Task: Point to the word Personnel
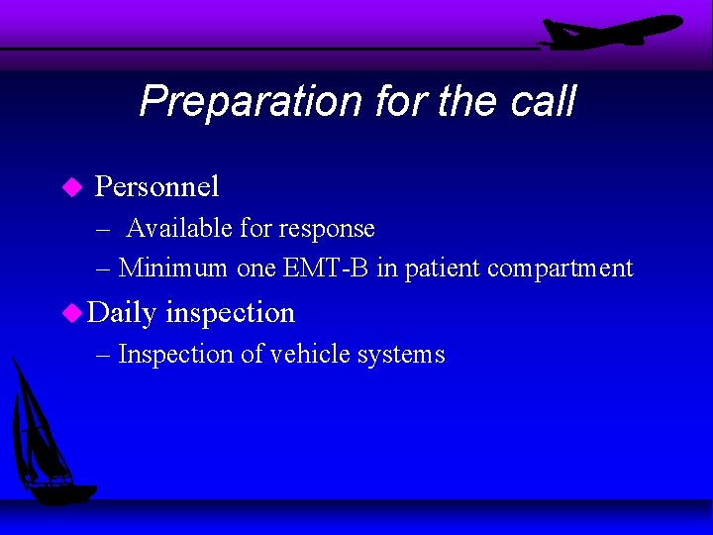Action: [156, 186]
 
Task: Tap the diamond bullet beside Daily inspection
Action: [70, 313]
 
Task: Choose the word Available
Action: [180, 229]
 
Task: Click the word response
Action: [327, 229]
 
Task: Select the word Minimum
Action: [174, 268]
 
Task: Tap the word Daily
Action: [122, 313]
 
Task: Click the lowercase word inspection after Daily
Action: [230, 313]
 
